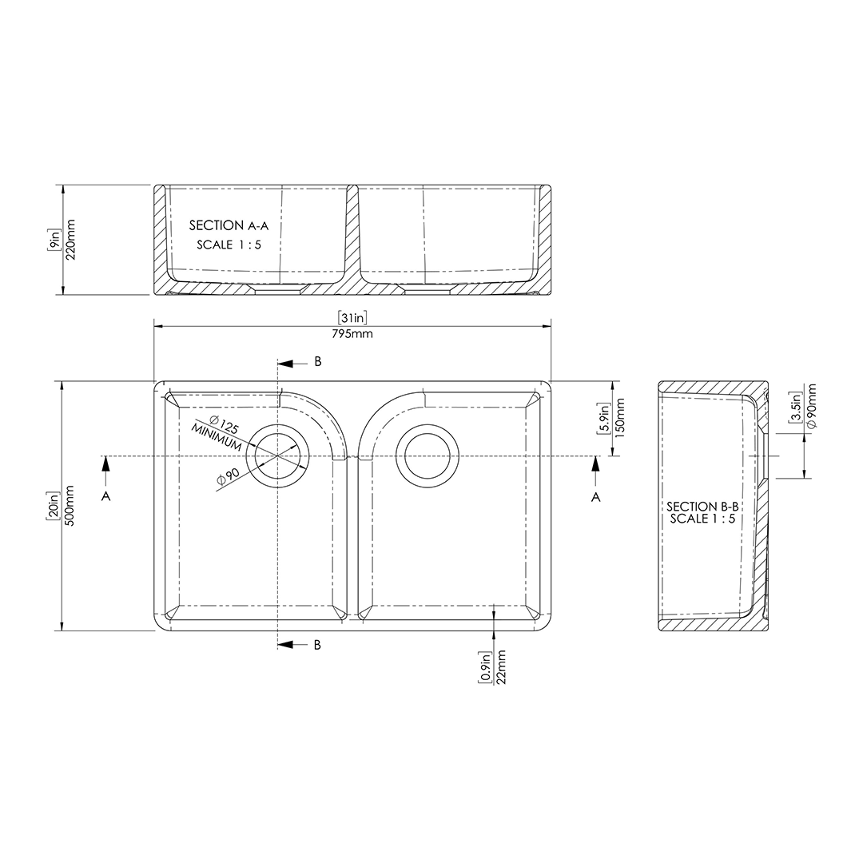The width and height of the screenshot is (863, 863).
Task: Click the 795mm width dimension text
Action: (x=352, y=333)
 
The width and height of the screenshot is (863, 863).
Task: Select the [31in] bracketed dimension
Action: (x=352, y=318)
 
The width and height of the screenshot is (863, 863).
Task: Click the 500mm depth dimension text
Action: (x=70, y=505)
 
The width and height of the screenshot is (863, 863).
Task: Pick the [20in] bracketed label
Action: (x=54, y=505)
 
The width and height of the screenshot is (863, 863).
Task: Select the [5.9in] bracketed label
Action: (x=605, y=419)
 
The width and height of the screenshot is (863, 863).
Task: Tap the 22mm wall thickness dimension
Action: (x=501, y=666)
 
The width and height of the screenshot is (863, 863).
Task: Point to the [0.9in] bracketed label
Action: (x=485, y=666)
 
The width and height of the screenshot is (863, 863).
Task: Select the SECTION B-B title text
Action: (x=702, y=507)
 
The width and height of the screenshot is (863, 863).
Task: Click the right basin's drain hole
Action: (x=428, y=456)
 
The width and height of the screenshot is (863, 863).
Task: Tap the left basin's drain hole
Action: (x=277, y=456)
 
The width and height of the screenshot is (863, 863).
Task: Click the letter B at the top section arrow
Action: (x=317, y=362)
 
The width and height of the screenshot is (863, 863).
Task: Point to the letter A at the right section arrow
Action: (x=595, y=497)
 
